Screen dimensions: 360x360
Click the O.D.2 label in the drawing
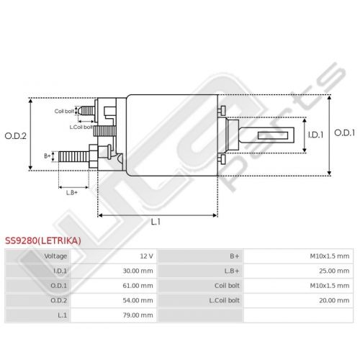pos(16,136)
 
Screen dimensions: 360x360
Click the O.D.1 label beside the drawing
pos(344,132)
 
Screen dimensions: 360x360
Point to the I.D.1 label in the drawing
pos(316,135)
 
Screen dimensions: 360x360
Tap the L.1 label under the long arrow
pos(156,222)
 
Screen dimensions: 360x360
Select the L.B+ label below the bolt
pos(72,192)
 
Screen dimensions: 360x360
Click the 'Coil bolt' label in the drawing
pos(64,111)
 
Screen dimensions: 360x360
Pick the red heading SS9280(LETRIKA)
pos(43,240)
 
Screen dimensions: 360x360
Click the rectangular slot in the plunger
pos(273,135)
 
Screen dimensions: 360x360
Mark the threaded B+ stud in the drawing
pos(73,156)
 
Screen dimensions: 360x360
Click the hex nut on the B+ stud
pos(93,156)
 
